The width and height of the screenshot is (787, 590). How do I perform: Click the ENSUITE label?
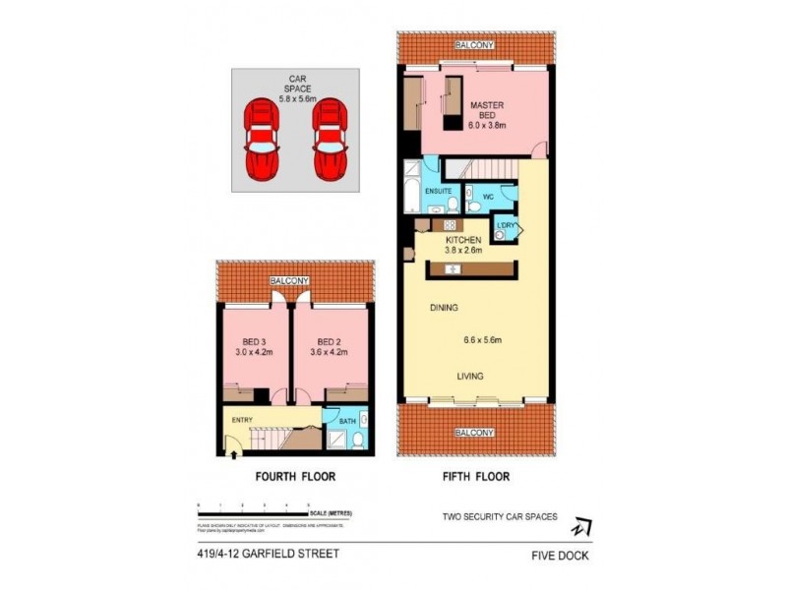click(x=438, y=190)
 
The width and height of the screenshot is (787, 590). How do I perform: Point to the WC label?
click(x=487, y=195)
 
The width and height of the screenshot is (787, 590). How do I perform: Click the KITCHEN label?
click(x=463, y=240)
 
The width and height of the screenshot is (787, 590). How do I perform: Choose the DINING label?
click(x=445, y=308)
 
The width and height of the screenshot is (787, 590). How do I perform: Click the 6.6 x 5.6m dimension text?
click(x=483, y=341)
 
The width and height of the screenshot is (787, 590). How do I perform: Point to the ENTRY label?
click(x=242, y=421)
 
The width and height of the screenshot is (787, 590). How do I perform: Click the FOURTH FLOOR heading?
click(x=295, y=477)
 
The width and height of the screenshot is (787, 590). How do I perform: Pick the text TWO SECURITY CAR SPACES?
click(x=500, y=516)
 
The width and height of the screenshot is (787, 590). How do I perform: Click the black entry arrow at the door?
click(x=231, y=453)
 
